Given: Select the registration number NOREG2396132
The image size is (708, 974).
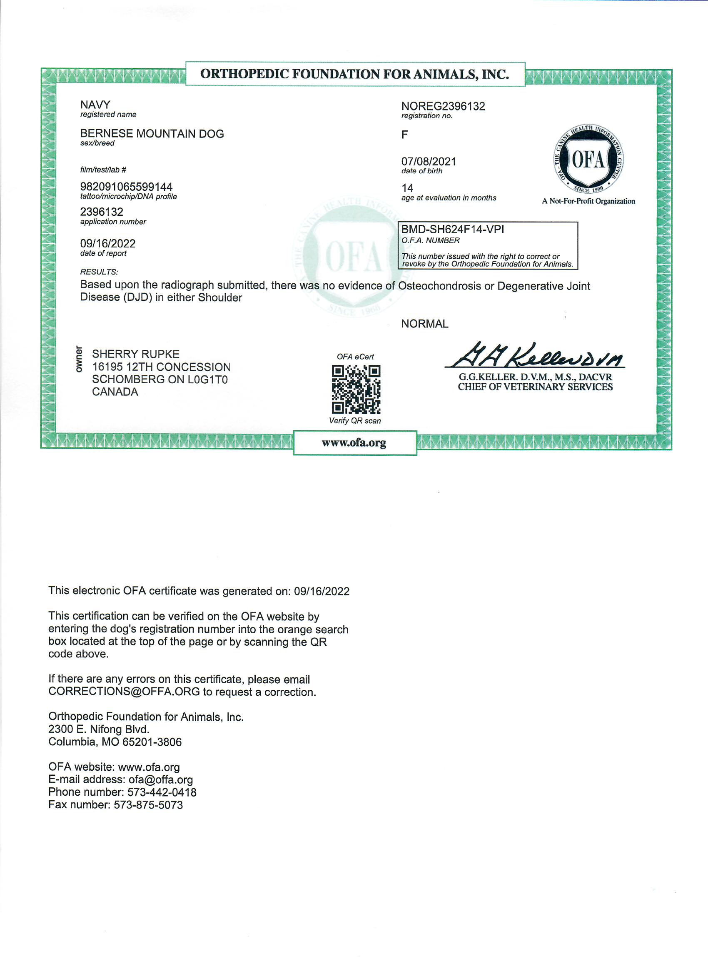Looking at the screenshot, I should point(443,106).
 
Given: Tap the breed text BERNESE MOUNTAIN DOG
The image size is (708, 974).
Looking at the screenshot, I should point(152,134).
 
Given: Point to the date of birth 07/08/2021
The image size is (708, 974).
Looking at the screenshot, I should point(429,162).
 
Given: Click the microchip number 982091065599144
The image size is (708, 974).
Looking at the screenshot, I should point(126,187).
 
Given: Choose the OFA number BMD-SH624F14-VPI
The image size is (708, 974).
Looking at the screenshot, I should point(452,229).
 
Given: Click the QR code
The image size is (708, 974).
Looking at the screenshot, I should point(356,389).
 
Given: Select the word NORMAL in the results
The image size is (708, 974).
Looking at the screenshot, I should point(424,324).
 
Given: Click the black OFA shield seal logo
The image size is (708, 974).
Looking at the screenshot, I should point(588,160).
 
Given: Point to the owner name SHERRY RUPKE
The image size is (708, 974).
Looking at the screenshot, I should point(135,354).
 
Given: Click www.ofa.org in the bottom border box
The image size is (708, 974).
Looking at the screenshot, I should point(354,442).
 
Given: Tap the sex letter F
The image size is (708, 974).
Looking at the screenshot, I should point(404,135).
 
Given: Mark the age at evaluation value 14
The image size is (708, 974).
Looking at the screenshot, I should point(407,188).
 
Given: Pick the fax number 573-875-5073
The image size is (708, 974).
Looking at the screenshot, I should point(148,805).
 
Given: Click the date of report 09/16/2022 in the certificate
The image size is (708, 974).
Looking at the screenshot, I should point(108,243).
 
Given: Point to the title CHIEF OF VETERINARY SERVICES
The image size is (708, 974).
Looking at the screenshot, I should point(535,387).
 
